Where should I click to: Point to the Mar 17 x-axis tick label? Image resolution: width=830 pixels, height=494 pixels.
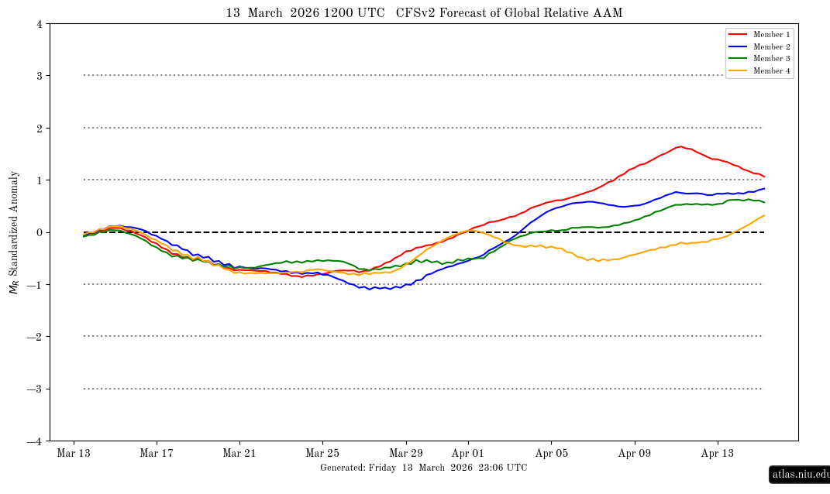(156, 453)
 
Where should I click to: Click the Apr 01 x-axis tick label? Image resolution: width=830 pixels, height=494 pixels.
(468, 453)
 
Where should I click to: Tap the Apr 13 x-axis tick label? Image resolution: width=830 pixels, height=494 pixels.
(718, 453)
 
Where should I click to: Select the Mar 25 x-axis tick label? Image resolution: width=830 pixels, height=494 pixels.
(322, 453)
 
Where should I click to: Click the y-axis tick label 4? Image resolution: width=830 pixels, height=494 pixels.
(39, 24)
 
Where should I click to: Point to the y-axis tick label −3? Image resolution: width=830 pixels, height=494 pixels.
(36, 389)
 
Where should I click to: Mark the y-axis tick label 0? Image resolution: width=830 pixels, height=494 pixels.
(39, 232)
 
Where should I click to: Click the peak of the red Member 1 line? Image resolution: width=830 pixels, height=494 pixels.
(680, 146)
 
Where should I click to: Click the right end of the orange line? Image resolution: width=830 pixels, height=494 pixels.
(764, 215)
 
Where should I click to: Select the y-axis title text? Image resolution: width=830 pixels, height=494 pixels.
(14, 232)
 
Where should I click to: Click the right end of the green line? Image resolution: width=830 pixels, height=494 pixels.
(764, 202)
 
